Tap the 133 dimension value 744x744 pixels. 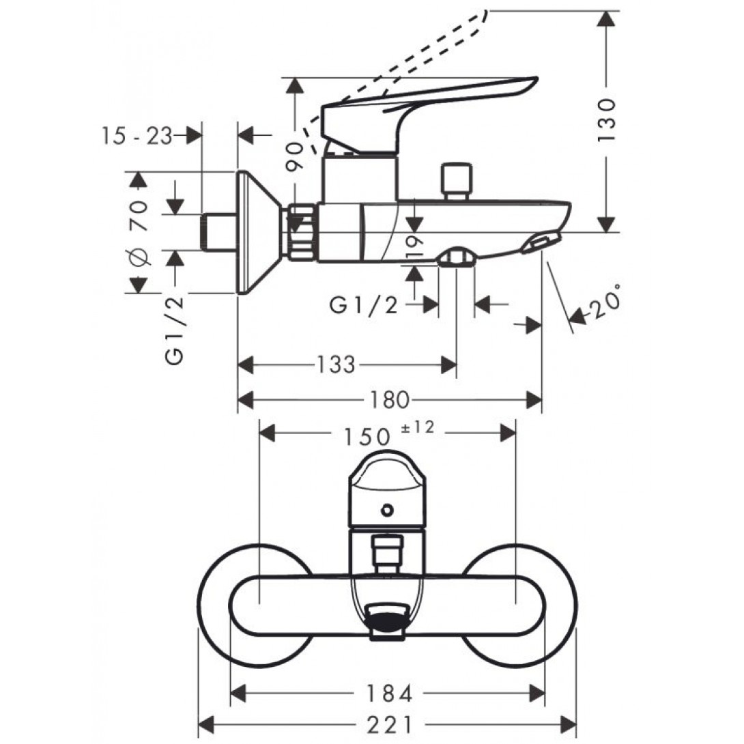(x=337, y=365)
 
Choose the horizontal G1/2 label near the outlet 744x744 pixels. (x=363, y=306)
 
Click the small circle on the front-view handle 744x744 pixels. (x=388, y=509)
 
